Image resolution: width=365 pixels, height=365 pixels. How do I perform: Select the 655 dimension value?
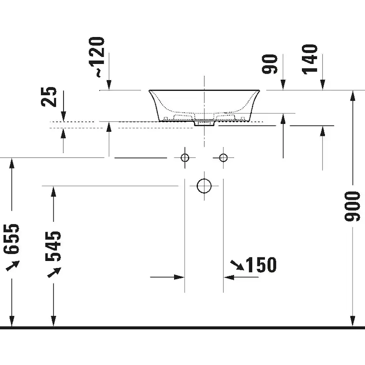pos(12,238)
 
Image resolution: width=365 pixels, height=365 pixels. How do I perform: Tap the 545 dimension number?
pos(54,246)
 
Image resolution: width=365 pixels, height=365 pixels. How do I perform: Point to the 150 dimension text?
pos(261,265)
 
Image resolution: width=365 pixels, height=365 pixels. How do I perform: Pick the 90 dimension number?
pos(271,64)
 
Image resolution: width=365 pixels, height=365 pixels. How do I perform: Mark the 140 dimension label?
pos(311,58)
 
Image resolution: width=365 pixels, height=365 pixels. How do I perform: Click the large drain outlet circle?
pos(204,186)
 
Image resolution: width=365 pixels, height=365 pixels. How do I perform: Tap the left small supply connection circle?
pos(185,157)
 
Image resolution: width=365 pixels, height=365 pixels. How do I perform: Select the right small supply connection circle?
pos(223,157)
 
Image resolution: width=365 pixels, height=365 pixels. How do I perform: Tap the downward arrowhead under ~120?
pos(109,85)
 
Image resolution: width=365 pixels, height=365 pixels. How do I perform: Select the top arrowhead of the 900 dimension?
pos(353,95)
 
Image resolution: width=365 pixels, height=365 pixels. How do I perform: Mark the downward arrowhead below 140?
pos(322,85)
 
